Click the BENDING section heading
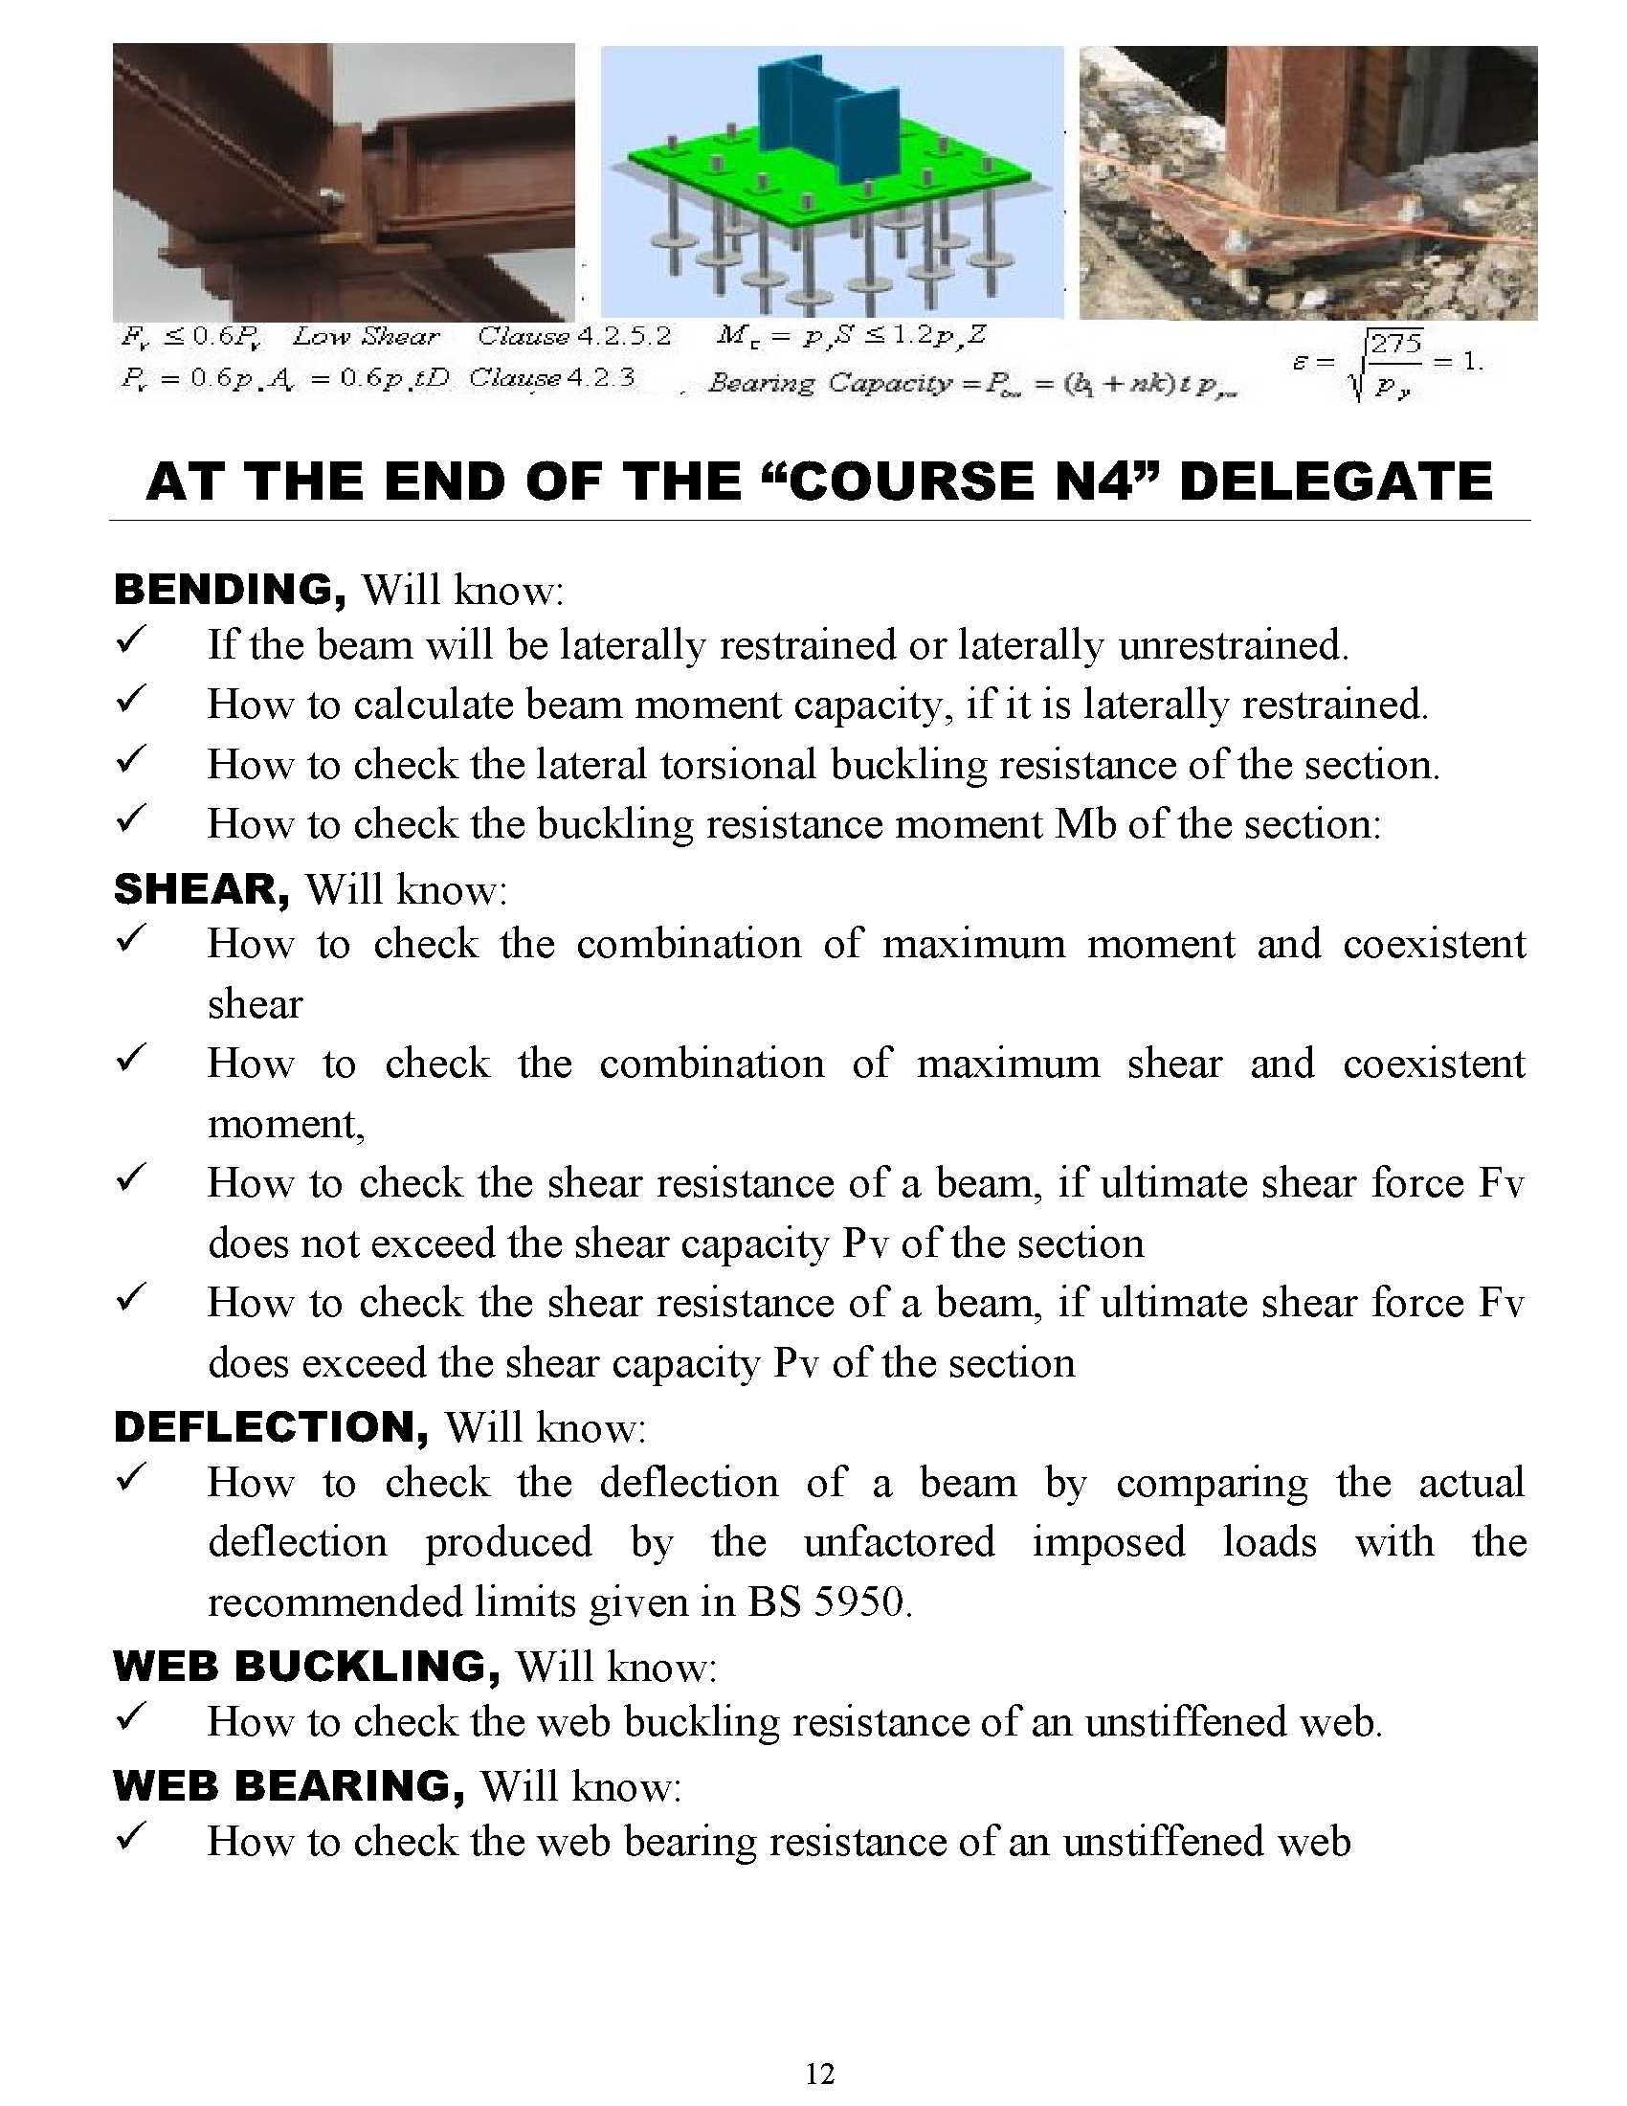point(230,589)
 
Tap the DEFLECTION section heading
point(271,1426)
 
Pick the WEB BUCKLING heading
point(306,1666)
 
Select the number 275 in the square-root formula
point(1395,345)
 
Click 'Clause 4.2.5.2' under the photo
point(574,337)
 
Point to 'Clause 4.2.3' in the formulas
point(552,377)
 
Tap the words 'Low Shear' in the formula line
point(367,337)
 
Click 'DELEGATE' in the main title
point(1335,482)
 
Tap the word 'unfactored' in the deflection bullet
point(899,1541)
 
